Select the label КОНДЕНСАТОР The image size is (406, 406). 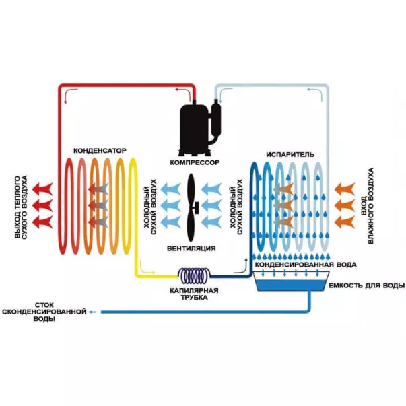[x=99, y=150]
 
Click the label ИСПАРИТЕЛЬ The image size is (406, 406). [x=286, y=154]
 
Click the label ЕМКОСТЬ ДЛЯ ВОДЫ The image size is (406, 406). [x=366, y=286]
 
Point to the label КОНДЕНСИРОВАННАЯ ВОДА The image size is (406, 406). [x=305, y=265]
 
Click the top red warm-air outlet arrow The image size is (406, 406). [x=44, y=185]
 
